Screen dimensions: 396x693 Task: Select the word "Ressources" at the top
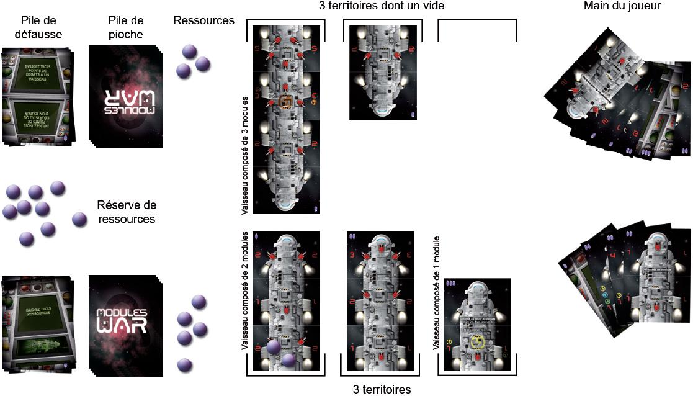[204, 20]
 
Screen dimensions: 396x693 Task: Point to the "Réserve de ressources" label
[127, 212]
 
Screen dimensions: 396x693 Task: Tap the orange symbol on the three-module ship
[286, 102]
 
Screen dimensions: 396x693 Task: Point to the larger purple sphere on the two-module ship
[273, 348]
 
